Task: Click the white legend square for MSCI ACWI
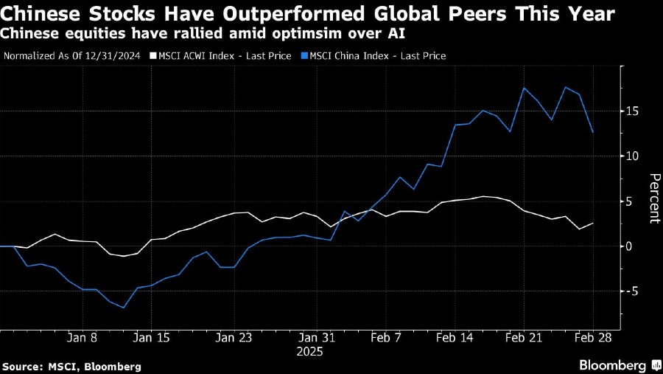click(x=153, y=55)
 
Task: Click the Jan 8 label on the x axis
click(x=82, y=337)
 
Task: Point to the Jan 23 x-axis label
click(x=234, y=337)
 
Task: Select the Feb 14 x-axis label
click(x=455, y=337)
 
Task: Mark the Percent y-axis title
click(x=653, y=198)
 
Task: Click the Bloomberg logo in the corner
click(x=617, y=365)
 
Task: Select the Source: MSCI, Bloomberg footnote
click(x=71, y=366)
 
